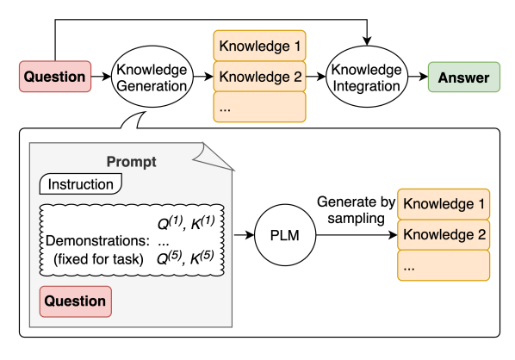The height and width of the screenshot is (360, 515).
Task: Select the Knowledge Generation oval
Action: pos(150,78)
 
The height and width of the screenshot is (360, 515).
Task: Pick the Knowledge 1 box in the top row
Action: pos(259,45)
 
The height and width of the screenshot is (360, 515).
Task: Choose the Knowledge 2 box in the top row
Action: pos(259,78)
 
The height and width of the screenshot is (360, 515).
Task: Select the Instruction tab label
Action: pos(81,183)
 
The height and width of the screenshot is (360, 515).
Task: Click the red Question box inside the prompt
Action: pos(76,301)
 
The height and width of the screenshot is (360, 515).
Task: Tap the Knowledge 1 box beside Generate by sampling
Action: pos(444,204)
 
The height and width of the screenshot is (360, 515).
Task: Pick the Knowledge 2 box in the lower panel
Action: pos(444,233)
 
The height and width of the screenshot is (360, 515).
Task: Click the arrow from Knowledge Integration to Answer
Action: pos(417,78)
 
